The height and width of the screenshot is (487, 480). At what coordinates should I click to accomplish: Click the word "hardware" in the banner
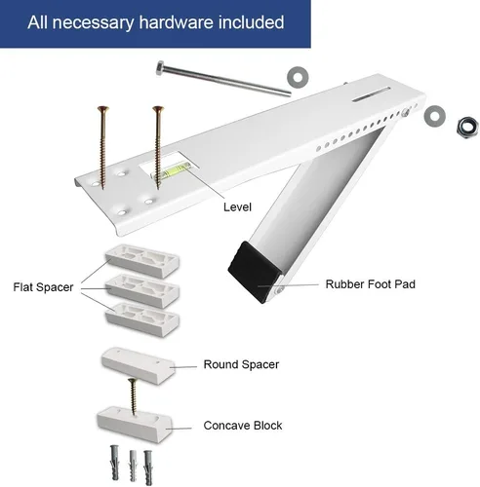point(177,22)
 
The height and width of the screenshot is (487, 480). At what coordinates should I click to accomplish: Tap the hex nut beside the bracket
point(467,127)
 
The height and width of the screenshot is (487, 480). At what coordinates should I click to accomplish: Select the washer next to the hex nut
point(435,116)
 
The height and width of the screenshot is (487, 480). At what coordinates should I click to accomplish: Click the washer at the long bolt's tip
point(298,77)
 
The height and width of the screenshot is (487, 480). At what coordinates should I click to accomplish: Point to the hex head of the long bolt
point(161,68)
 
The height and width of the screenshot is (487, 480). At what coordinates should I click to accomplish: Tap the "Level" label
point(237,207)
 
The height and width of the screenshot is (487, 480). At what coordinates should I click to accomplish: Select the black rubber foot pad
point(254,272)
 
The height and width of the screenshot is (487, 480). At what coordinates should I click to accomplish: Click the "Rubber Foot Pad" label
point(371,284)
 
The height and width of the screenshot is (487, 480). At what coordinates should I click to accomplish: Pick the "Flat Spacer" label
point(43,287)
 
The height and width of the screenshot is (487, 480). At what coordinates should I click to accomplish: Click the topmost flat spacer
point(142,261)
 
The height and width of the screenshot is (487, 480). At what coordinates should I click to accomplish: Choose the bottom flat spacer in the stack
point(142,319)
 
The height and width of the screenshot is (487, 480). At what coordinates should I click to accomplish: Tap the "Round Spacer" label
point(241,364)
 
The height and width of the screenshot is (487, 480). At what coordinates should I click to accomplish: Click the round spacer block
point(139,366)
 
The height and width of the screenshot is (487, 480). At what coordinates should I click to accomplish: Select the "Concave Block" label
point(243,426)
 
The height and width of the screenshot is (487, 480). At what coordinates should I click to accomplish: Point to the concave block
point(135,425)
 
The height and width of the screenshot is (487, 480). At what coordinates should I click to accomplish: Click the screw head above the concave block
point(132,381)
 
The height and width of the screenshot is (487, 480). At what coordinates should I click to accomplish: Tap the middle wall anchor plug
point(133,466)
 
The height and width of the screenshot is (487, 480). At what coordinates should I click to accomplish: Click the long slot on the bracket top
point(371,94)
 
